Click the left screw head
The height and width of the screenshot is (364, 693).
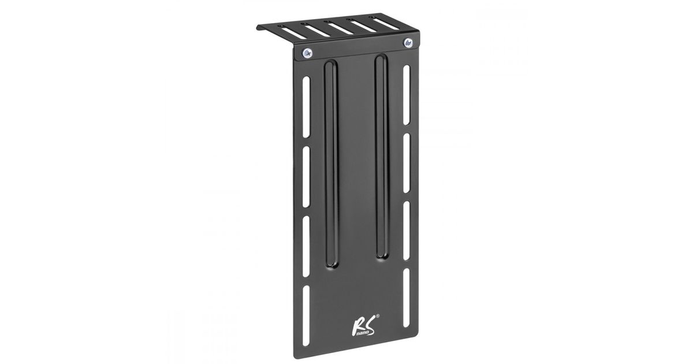tap(307, 53)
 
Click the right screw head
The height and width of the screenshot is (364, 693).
tap(408, 42)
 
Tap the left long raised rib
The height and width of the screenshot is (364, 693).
tap(331, 164)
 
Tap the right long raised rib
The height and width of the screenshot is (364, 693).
tap(381, 157)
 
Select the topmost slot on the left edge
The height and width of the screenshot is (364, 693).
tap(306, 107)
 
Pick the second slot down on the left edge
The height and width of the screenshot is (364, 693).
tap(306, 177)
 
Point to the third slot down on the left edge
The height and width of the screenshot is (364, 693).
tap(306, 246)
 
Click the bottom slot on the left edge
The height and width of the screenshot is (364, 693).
tap(306, 315)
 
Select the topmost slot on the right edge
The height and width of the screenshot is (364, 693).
tap(407, 95)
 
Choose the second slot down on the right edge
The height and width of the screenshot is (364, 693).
tap(407, 163)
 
